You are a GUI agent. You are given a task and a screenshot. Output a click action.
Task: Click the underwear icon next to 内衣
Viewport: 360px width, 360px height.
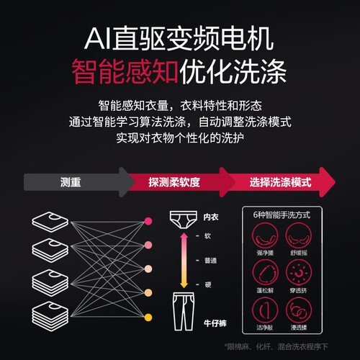click(x=184, y=220)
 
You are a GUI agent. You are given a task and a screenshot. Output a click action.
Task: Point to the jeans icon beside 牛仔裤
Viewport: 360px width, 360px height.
click(x=184, y=311)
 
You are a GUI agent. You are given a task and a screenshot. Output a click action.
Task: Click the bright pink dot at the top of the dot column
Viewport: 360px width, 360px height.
click(x=148, y=221)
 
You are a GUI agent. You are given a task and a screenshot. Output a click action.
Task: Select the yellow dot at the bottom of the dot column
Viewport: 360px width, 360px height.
click(x=148, y=318)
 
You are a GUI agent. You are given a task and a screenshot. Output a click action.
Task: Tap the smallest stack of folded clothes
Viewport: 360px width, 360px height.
click(x=50, y=222)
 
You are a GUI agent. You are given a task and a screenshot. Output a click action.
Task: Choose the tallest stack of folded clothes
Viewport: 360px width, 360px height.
click(x=50, y=316)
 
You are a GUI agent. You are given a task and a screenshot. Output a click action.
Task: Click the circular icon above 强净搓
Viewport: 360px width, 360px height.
click(x=265, y=235)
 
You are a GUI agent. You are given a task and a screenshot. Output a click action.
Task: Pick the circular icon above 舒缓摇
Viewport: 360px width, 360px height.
click(x=299, y=235)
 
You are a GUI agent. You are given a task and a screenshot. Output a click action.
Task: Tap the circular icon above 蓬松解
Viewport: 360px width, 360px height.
click(x=265, y=273)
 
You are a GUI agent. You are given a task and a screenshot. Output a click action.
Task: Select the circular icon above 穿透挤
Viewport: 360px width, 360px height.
click(x=299, y=273)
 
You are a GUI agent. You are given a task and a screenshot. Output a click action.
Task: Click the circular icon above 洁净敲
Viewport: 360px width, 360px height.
click(x=265, y=310)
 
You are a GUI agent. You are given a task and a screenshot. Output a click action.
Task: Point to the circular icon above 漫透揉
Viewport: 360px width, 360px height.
click(x=299, y=310)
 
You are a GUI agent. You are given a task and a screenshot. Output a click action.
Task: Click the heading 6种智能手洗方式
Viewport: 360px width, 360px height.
click(x=282, y=215)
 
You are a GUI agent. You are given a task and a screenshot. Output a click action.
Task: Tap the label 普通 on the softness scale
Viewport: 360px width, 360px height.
click(x=210, y=261)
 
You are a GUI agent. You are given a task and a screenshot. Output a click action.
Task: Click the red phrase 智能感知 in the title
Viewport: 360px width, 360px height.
click(x=125, y=71)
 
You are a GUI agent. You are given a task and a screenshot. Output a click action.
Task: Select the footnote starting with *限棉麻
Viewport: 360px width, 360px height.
click(x=276, y=346)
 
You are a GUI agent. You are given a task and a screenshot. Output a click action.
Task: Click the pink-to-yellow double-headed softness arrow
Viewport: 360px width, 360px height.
click(x=184, y=261)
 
